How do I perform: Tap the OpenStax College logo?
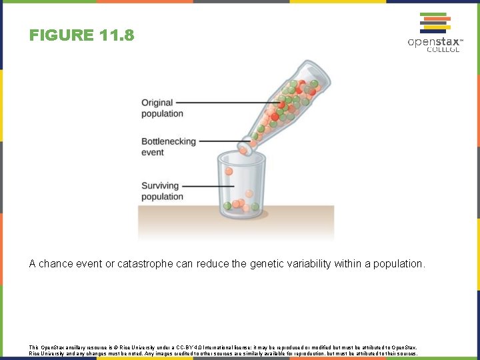[435, 31]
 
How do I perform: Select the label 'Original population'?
[162, 108]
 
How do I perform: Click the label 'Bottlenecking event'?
[168, 147]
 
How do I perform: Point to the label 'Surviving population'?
[162, 191]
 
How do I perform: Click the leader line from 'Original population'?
[227, 103]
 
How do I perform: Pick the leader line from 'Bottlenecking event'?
[220, 141]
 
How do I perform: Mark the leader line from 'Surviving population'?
[203, 185]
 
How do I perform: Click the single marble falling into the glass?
[229, 171]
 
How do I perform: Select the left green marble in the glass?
[228, 205]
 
